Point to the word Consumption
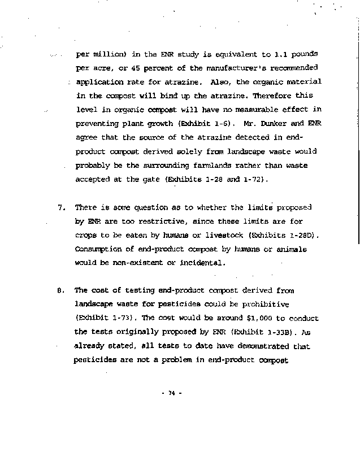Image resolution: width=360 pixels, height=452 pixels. [x=99, y=249]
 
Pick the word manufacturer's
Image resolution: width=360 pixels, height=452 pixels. [x=210, y=69]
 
